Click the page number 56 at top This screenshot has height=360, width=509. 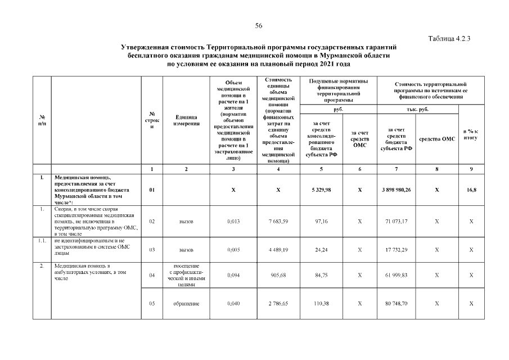(x=259, y=26)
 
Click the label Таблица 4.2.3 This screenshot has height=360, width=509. (x=449, y=39)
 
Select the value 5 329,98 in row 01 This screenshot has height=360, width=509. (x=321, y=190)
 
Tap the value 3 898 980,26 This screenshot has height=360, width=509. (x=400, y=190)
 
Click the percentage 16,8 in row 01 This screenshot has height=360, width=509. (x=471, y=190)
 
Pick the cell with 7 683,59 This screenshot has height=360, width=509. (x=278, y=221)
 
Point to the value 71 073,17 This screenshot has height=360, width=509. (x=400, y=221)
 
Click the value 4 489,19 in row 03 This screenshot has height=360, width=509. (x=278, y=249)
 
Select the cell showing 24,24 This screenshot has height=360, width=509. (x=321, y=249)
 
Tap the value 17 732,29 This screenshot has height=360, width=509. (x=400, y=249)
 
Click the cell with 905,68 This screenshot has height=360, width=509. (x=278, y=275)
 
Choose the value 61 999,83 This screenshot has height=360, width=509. (x=400, y=275)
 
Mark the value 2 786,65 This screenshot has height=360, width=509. (x=278, y=304)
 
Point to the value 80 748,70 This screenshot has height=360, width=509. (x=400, y=304)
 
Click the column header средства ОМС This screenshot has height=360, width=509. (x=437, y=138)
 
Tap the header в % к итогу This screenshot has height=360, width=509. (x=471, y=135)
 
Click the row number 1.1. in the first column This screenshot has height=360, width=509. (x=41, y=241)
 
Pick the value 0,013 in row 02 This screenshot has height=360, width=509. (x=233, y=221)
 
